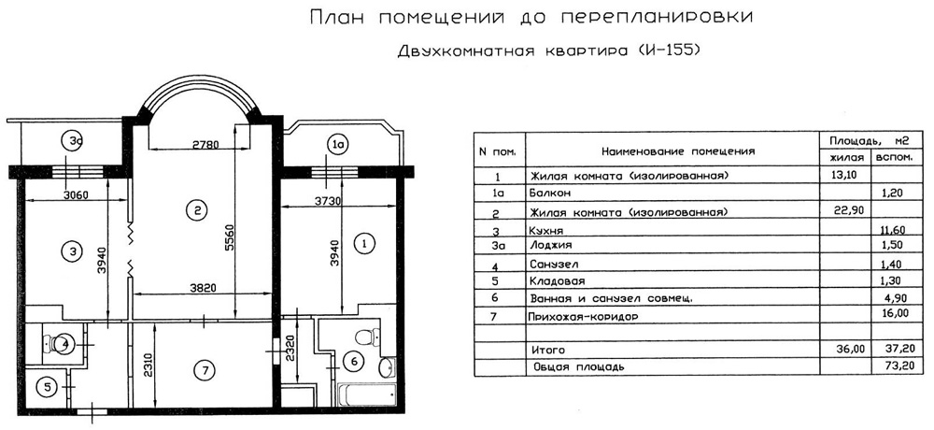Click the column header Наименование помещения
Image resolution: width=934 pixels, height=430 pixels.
pos(677,150)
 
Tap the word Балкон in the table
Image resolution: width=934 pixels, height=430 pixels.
pos(551,193)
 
